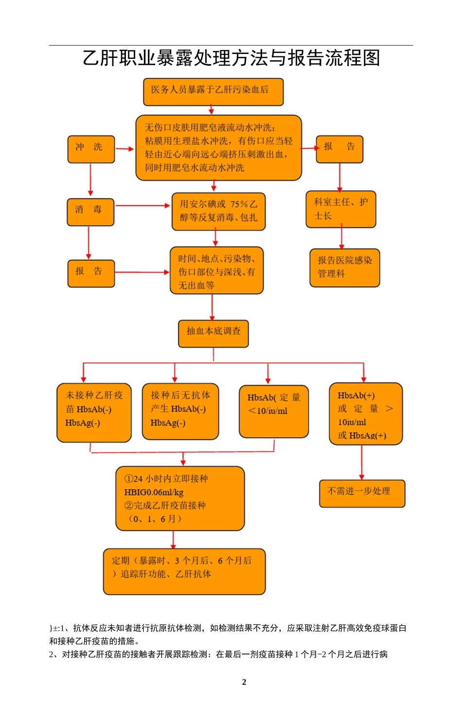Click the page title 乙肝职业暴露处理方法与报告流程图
point(231,58)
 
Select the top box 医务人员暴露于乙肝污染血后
point(213,91)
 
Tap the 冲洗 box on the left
point(91,149)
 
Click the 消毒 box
point(90,212)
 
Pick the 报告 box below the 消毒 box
point(91,273)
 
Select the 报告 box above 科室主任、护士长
point(339,149)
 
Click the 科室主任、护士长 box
point(340,209)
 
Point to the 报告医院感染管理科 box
point(345,267)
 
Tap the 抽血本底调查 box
point(213,333)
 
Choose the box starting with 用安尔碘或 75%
point(218,212)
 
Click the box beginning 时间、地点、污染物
point(216,270)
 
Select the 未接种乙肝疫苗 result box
point(94,412)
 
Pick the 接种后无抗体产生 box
point(180,411)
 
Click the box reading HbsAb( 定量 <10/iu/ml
point(274,411)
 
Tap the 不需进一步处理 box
point(362,493)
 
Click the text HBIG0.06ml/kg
point(154,492)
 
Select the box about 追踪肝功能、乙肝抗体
point(184,571)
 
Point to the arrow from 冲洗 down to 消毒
point(90,180)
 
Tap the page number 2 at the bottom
point(244,682)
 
